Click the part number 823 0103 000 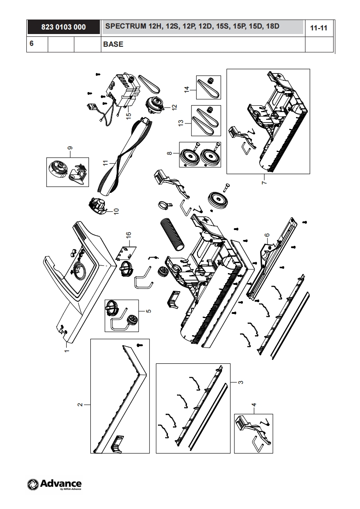point(64,27)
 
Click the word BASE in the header point(113,44)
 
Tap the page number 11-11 point(318,28)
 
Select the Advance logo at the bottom point(54,485)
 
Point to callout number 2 point(80,405)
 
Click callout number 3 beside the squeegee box point(241,382)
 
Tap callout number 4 point(254,405)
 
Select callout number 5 point(148,311)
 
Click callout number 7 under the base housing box point(264,182)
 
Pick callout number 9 point(70,148)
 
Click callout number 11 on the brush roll point(105,162)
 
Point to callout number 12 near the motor point(174,107)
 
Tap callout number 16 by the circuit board point(128,235)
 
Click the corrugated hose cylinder point(173,235)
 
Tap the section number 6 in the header point(31,43)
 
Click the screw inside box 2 point(140,345)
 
